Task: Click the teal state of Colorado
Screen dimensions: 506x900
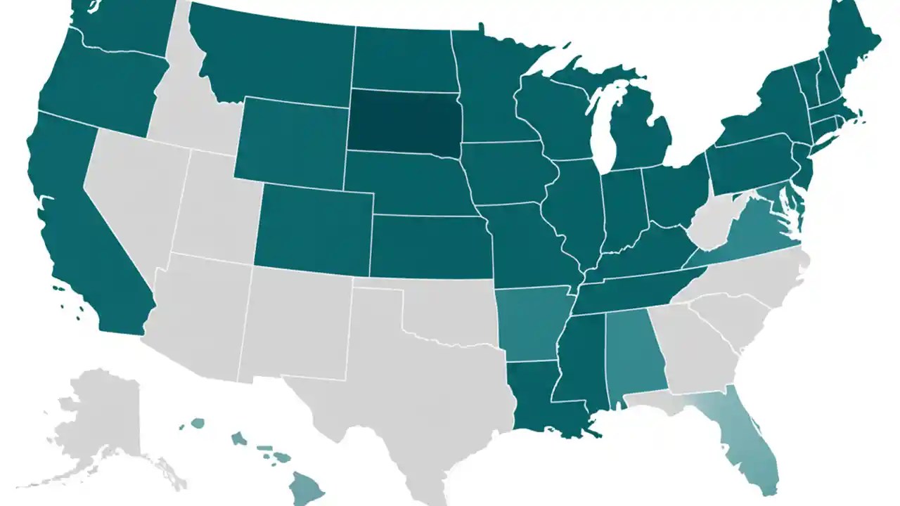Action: pos(313,225)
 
